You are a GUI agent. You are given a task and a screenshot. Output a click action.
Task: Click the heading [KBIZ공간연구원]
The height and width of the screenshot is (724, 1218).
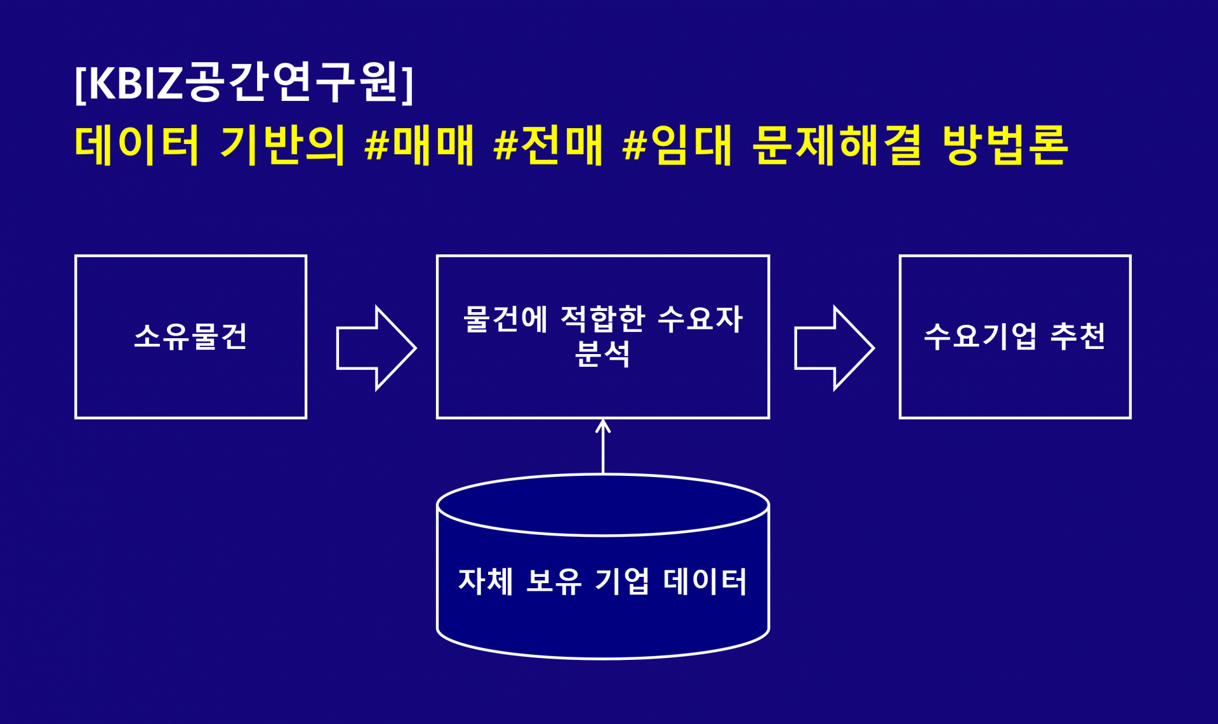pyautogui.click(x=244, y=82)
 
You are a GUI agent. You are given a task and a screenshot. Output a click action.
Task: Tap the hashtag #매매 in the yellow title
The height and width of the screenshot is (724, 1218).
pyautogui.click(x=420, y=145)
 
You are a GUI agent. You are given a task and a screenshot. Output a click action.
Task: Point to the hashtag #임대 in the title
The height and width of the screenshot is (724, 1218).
pyautogui.click(x=677, y=145)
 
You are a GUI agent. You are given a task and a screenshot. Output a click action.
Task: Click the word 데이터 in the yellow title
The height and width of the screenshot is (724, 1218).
pyautogui.click(x=137, y=145)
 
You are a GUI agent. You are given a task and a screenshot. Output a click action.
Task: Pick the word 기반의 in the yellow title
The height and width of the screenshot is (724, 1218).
pyautogui.click(x=282, y=145)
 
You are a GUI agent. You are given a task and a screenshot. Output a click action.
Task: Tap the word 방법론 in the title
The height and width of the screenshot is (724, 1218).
pyautogui.click(x=1005, y=145)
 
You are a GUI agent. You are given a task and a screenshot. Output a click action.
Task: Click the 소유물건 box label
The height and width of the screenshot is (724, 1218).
pyautogui.click(x=190, y=336)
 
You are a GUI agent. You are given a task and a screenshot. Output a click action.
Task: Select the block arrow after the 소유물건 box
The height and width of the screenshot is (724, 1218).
pyautogui.click(x=376, y=348)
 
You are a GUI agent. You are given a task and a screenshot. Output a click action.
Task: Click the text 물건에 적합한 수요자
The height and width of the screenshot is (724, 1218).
pyautogui.click(x=602, y=319)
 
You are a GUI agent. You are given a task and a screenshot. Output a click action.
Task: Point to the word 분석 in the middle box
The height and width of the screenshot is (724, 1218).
pyautogui.click(x=602, y=354)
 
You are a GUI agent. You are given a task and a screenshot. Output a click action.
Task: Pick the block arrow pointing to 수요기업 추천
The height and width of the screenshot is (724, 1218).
pyautogui.click(x=834, y=348)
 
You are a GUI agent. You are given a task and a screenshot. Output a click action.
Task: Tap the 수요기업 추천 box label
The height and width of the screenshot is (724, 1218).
pyautogui.click(x=1014, y=336)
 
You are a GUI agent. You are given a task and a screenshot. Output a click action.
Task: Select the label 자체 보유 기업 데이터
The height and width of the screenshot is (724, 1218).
pyautogui.click(x=602, y=581)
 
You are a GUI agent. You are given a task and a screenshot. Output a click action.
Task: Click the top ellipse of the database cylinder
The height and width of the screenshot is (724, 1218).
pyautogui.click(x=602, y=505)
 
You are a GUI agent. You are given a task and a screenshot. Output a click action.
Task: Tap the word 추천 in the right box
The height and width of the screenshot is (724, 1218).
pyautogui.click(x=1078, y=336)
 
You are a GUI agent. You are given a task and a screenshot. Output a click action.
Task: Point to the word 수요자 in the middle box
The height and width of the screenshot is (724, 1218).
pyautogui.click(x=700, y=319)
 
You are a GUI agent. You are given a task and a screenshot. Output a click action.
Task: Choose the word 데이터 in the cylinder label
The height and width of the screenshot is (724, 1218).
pyautogui.click(x=705, y=581)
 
